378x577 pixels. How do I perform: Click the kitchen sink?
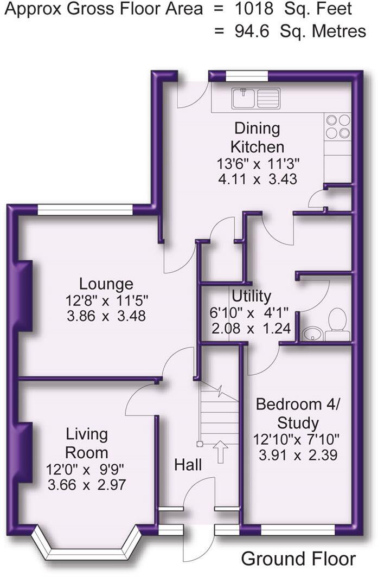click(x=256, y=98)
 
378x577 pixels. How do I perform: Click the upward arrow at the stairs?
click(x=221, y=451)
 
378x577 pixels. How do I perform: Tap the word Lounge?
click(x=106, y=284)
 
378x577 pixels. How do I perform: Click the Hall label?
click(x=188, y=465)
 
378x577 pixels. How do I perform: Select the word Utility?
click(x=252, y=296)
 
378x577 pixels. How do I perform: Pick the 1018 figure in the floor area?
click(x=254, y=9)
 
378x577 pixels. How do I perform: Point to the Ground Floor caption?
click(x=298, y=559)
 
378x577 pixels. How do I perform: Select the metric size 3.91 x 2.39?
click(x=298, y=455)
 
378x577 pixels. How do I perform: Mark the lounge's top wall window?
click(x=85, y=210)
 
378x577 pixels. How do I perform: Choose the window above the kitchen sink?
click(x=247, y=76)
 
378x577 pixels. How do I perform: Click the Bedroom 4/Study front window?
click(x=298, y=530)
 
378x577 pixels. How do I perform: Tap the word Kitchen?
click(x=257, y=146)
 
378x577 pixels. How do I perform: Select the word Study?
click(x=298, y=422)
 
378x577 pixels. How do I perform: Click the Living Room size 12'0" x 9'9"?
click(x=85, y=470)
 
